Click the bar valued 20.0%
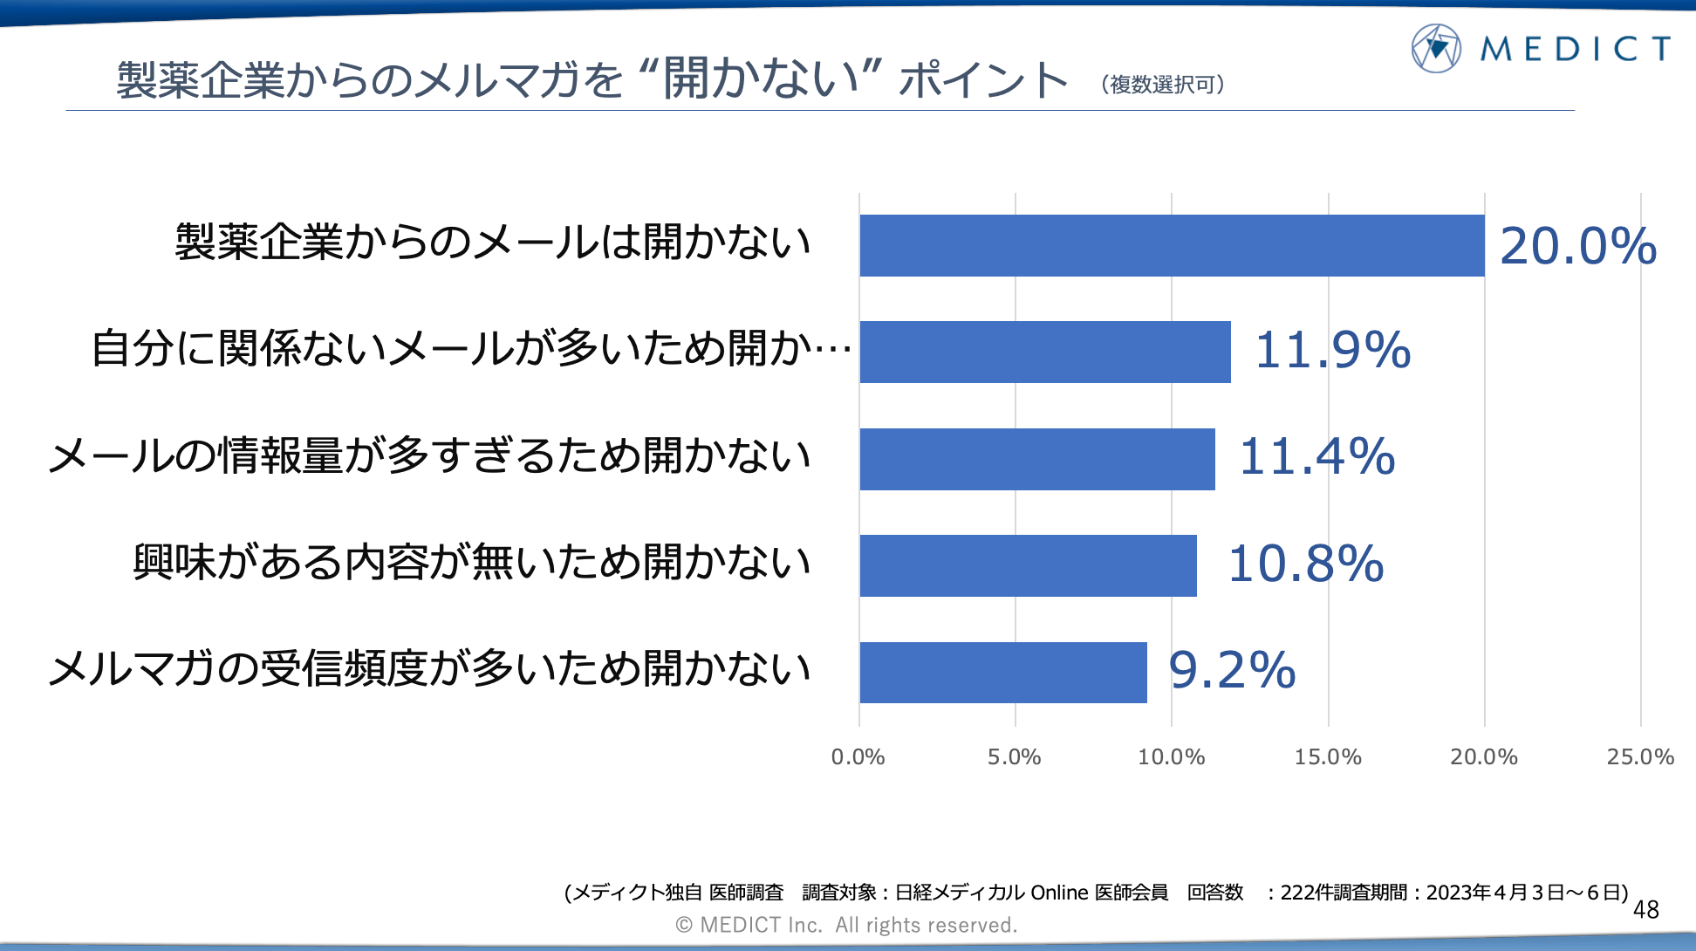(x=1172, y=246)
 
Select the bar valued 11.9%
(x=1045, y=352)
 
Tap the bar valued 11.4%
(x=1037, y=459)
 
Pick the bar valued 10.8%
(x=1028, y=565)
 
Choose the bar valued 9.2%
(x=1003, y=673)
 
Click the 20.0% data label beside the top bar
(x=1577, y=246)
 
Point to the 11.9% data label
(x=1332, y=351)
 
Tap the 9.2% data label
(x=1232, y=671)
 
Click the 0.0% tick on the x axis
(x=858, y=757)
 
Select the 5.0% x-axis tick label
(x=1014, y=757)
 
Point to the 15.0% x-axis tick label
(x=1327, y=757)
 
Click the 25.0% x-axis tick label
(x=1640, y=757)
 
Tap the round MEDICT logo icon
(x=1435, y=49)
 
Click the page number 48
(x=1645, y=910)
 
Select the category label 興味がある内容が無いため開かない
(x=472, y=563)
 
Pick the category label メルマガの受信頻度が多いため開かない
(x=429, y=670)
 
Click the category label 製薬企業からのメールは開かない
(x=493, y=243)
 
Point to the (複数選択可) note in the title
(x=1162, y=85)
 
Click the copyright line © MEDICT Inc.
(x=846, y=925)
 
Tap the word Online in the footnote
(x=1059, y=893)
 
